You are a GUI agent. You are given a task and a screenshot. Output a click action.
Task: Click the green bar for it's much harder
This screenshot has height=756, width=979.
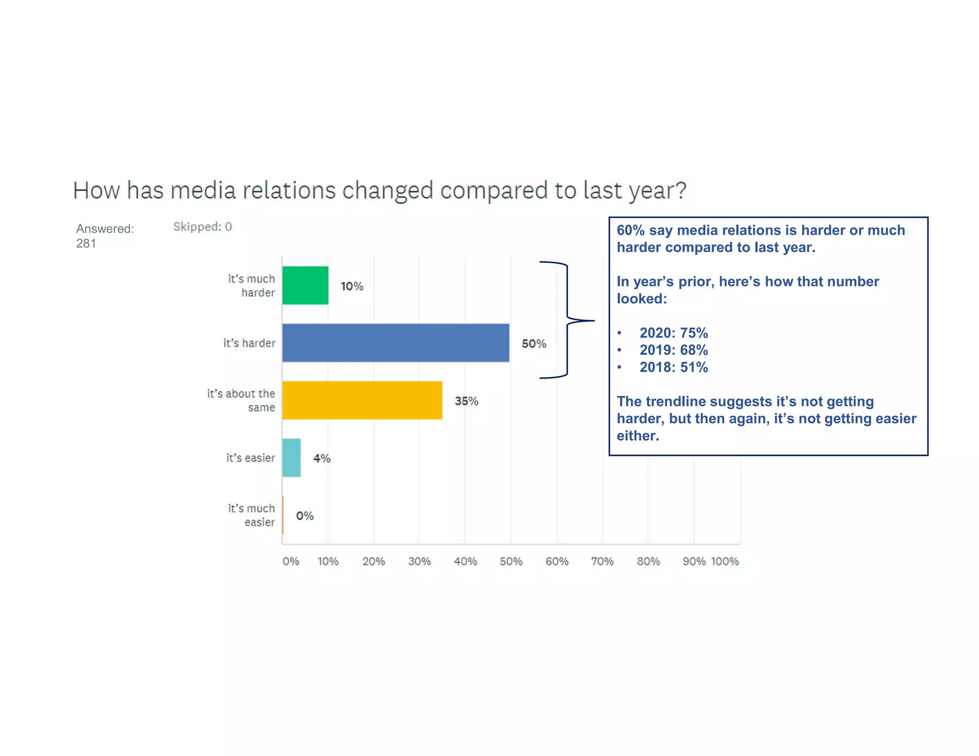tap(305, 285)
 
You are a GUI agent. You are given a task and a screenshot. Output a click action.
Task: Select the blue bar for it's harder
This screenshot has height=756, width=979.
tap(395, 343)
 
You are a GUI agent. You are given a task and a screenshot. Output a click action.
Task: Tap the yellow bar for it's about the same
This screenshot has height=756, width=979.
tap(362, 400)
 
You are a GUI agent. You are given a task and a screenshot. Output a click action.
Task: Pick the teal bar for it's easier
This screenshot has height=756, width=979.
tap(291, 457)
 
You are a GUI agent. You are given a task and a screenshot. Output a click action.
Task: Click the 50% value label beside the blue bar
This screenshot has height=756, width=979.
tap(533, 343)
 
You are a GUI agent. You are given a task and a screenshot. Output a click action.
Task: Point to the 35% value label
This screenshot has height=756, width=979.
tap(466, 400)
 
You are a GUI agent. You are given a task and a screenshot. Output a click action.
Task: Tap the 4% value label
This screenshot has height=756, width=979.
tap(322, 458)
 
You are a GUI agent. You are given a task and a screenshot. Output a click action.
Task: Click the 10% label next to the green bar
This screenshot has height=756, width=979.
tap(352, 286)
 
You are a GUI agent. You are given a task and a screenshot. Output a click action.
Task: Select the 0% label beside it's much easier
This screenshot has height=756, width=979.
tap(305, 515)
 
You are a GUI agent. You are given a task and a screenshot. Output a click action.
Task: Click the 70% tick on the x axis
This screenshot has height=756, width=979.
tap(602, 561)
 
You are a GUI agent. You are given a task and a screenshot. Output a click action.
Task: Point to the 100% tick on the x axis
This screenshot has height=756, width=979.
tap(725, 561)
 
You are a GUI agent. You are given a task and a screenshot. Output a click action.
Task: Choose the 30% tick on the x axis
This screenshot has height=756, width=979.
tap(419, 561)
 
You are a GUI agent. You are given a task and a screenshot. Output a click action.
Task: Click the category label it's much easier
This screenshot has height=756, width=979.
tap(251, 515)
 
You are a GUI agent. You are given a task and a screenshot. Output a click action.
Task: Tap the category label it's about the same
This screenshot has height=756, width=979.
tap(241, 400)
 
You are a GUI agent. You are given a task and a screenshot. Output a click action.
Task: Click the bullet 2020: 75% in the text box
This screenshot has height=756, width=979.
tap(673, 333)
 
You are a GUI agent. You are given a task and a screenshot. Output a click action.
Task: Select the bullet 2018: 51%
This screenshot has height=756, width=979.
tap(673, 367)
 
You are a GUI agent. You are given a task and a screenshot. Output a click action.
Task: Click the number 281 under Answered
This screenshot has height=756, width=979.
tap(86, 243)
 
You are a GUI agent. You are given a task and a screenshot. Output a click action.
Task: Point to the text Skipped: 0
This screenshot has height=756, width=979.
tap(202, 227)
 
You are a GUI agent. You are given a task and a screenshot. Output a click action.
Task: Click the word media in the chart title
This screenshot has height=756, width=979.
tap(203, 190)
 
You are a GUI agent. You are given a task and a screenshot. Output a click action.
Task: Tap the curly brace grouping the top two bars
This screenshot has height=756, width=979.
tap(567, 320)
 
